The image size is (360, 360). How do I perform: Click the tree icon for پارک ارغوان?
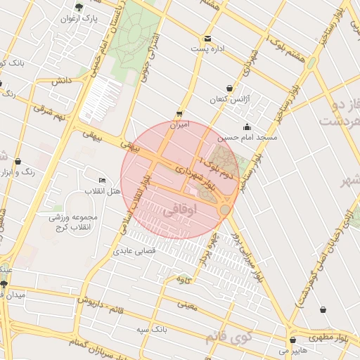78,8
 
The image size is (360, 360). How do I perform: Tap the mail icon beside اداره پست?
207,39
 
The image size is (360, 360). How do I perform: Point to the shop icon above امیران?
180,114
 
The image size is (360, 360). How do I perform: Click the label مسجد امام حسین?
247,138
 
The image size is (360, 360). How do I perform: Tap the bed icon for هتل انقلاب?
103,180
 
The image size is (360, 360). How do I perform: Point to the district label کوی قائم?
226,337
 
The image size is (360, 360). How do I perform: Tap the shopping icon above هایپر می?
292,340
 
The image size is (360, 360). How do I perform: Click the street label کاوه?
184,281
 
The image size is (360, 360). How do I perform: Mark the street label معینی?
188,305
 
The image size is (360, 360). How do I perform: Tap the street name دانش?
62,82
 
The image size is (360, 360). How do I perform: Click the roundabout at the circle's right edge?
225,210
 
